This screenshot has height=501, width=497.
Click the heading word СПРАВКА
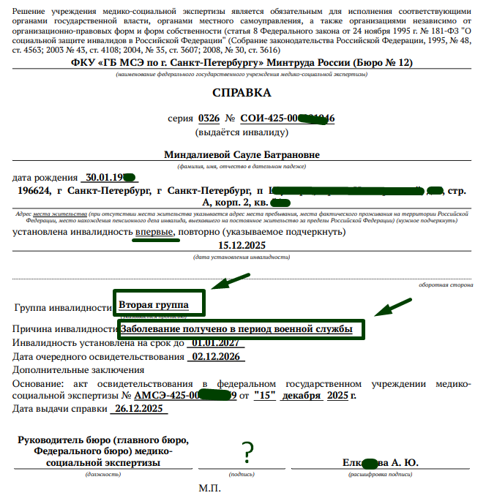coord(241,93)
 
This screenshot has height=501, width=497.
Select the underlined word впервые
coord(154,232)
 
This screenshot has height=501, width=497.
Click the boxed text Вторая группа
coord(154,304)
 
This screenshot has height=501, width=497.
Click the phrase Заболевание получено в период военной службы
coord(236,330)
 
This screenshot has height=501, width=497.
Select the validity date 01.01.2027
coord(216,343)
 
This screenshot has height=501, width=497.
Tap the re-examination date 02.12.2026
coord(214,357)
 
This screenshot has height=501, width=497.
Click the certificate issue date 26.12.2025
coord(139,409)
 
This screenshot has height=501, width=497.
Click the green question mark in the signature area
coord(248,451)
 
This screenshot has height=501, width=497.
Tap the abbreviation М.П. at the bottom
coord(210,487)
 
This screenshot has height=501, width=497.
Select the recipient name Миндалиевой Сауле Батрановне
coord(242,154)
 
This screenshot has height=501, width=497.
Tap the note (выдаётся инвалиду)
coord(241,132)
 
